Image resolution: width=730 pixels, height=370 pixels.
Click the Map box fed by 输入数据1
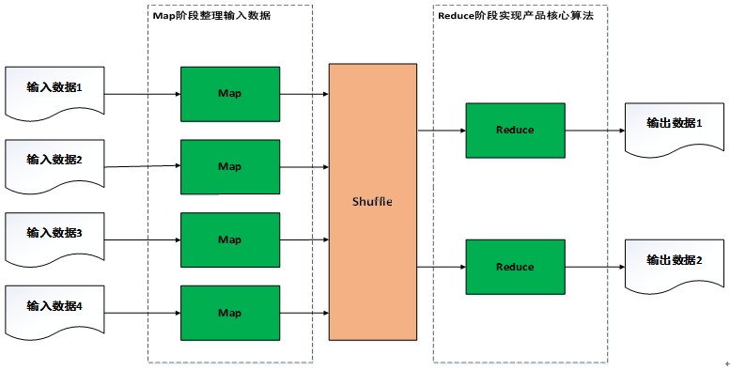point(230,94)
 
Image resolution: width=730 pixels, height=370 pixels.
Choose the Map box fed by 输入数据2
point(230,166)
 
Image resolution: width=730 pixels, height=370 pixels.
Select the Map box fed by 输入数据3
point(230,239)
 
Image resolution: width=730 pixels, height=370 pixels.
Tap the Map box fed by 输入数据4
point(230,312)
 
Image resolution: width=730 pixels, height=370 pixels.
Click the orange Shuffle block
point(372,201)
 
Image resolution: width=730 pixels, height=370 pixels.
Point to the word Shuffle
point(372,201)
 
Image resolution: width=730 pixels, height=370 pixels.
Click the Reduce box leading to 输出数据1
point(515,130)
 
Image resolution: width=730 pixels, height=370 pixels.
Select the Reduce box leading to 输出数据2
point(515,267)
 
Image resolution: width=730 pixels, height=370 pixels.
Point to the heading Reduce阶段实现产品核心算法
point(515,16)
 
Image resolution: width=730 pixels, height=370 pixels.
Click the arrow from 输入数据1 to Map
point(141,94)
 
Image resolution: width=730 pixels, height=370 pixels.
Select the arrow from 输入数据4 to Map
point(141,312)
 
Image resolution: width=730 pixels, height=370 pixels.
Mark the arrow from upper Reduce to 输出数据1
point(594,130)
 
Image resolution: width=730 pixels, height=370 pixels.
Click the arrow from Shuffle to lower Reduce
point(441,267)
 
